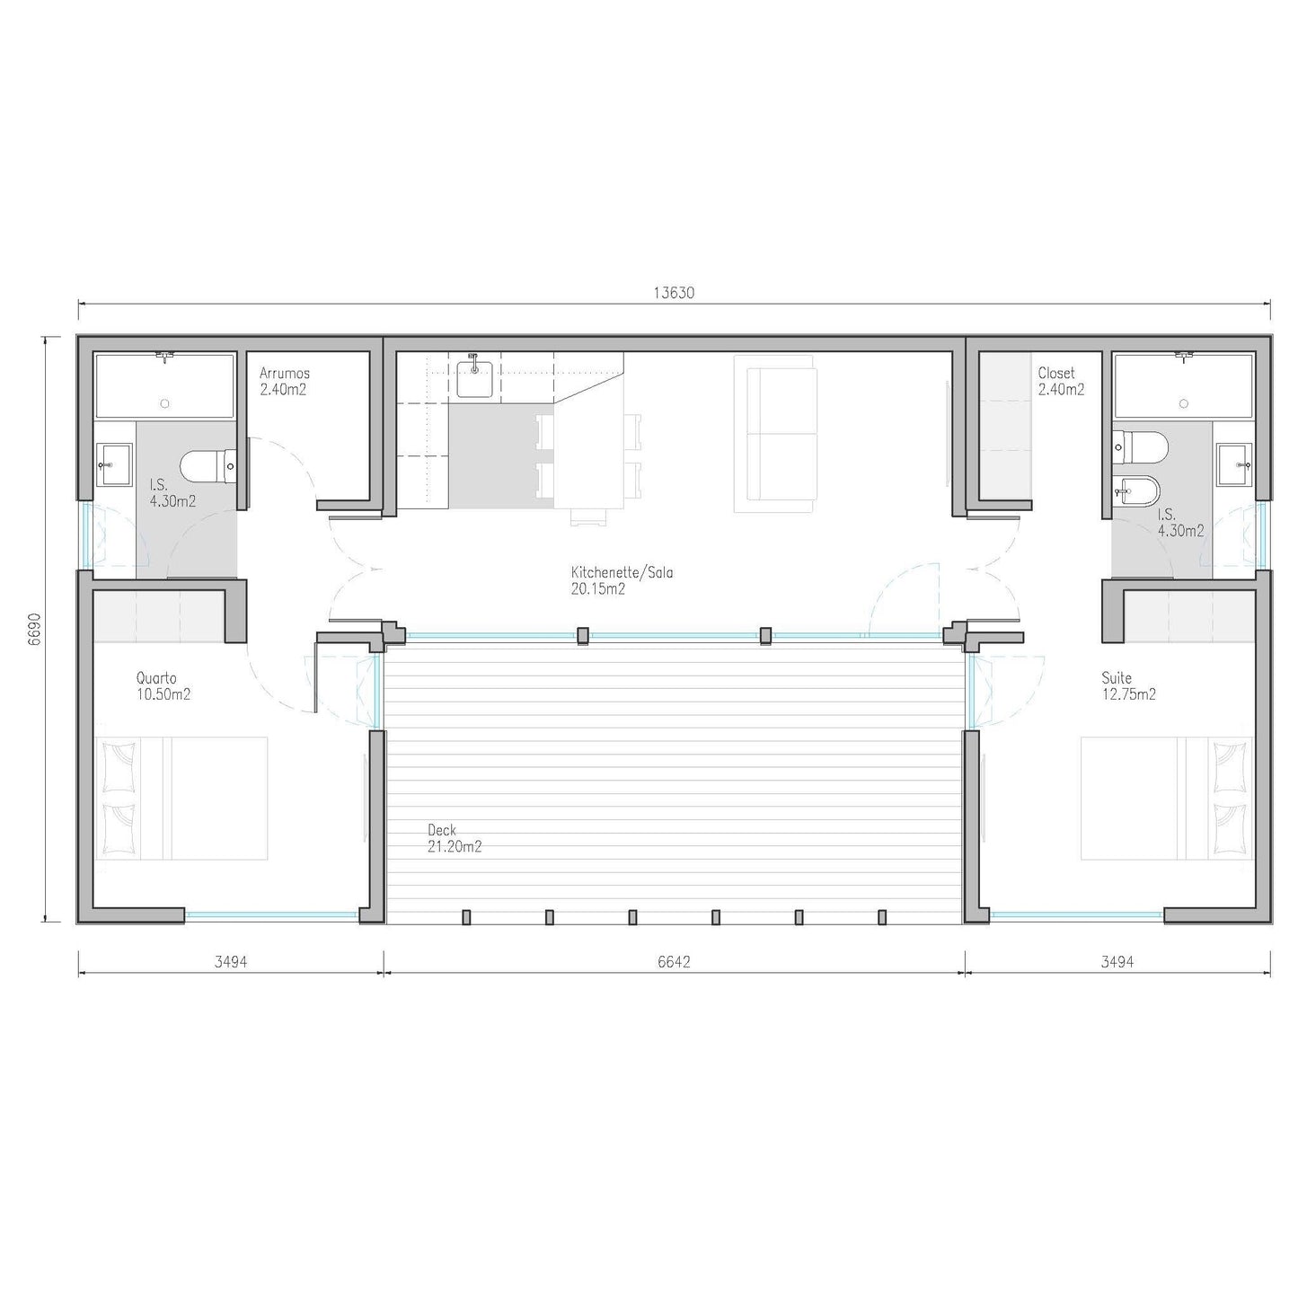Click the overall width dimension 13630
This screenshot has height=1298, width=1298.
click(x=674, y=293)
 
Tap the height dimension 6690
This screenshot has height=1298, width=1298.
click(x=34, y=630)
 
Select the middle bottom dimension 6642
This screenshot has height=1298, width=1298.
click(x=674, y=961)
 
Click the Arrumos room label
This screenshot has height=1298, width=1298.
click(x=285, y=373)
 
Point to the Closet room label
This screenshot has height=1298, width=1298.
click(x=1056, y=373)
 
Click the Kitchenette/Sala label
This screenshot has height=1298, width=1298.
click(x=622, y=572)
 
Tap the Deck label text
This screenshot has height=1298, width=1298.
click(x=441, y=830)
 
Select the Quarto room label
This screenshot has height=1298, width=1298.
click(x=156, y=678)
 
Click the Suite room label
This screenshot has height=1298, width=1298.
click(x=1117, y=678)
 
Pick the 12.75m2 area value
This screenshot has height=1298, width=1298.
click(x=1129, y=694)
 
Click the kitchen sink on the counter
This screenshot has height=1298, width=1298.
click(x=473, y=377)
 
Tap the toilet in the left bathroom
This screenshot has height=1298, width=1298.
click(x=208, y=467)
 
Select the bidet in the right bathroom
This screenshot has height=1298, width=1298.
click(x=1136, y=491)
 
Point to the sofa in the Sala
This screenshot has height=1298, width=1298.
click(x=775, y=435)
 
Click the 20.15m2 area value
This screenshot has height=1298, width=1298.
click(x=598, y=589)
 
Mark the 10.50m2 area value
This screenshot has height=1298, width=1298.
click(x=163, y=694)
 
